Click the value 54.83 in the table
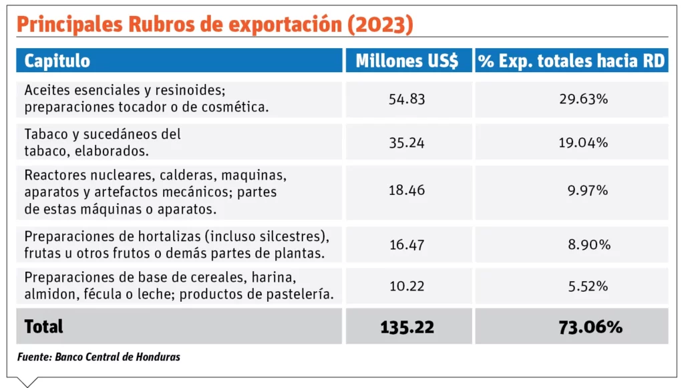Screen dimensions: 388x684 click(407, 99)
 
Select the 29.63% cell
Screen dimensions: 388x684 click(583, 99)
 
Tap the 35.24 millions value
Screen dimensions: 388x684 click(407, 142)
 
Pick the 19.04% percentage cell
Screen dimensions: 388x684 click(583, 142)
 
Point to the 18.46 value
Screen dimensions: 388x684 click(407, 191)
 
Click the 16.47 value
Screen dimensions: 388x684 click(407, 245)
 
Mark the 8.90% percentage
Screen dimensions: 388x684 click(588, 245)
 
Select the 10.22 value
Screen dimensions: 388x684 click(407, 286)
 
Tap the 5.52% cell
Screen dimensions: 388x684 click(588, 286)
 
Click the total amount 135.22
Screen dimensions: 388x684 click(407, 327)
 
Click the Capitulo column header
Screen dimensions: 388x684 click(57, 61)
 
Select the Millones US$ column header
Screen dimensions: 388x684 click(407, 61)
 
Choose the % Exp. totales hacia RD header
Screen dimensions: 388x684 click(571, 61)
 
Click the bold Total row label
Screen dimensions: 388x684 click(44, 327)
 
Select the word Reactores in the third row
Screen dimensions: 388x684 click(54, 175)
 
